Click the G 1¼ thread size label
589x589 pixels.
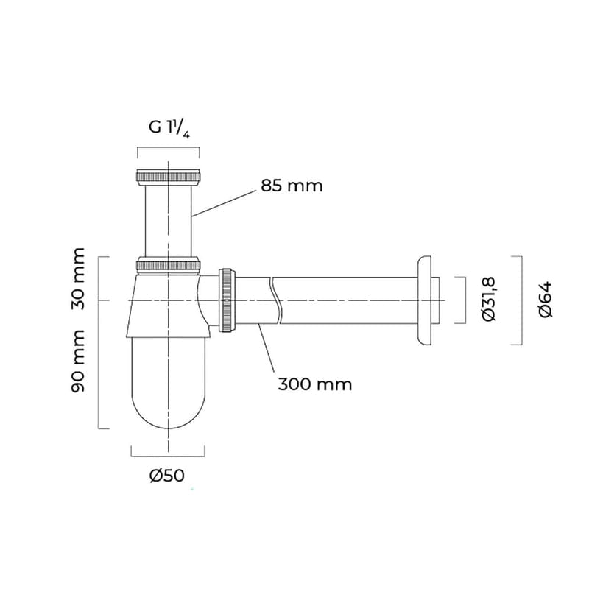[x=169, y=127]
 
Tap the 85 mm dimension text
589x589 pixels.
[x=292, y=186]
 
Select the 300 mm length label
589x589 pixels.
[x=315, y=384]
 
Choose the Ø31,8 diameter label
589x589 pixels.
[x=487, y=300]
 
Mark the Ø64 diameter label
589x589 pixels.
[x=546, y=300]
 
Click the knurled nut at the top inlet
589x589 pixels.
[x=169, y=177]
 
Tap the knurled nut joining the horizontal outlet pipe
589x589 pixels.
[x=228, y=300]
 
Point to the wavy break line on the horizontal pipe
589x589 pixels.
[x=276, y=300]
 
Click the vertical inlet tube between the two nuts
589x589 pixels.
[x=169, y=221]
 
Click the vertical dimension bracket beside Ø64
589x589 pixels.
[x=521, y=300]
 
